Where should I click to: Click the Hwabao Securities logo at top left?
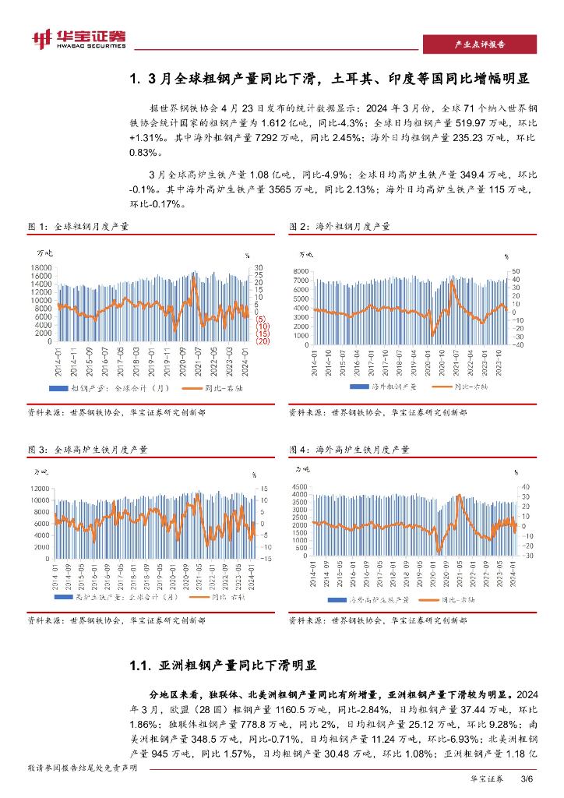[78, 38]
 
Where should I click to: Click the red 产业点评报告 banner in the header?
[479, 44]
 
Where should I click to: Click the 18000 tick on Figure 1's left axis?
[42, 267]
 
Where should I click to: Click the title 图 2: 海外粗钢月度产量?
[339, 226]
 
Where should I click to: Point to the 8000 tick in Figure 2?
[303, 270]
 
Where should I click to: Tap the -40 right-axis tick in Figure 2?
[516, 344]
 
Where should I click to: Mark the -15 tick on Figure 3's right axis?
[265, 559]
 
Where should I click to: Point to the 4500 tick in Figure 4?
[302, 486]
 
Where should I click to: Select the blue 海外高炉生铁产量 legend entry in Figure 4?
[374, 599]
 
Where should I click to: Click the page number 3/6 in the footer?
[525, 779]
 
